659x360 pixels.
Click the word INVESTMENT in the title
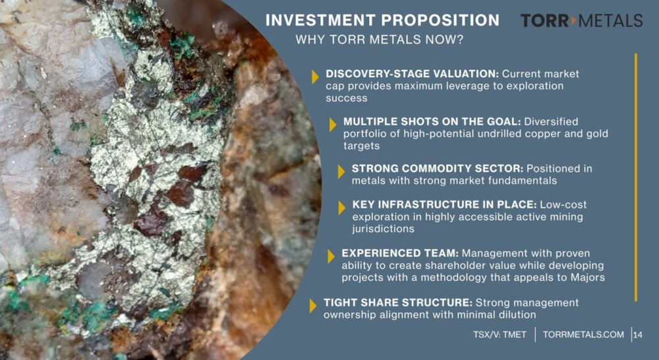pos(321,20)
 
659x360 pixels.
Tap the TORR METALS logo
pos(582,20)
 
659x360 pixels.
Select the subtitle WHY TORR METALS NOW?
pos(379,40)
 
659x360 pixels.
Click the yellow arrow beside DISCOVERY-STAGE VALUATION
pos(315,77)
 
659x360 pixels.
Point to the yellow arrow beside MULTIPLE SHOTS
pos(332,125)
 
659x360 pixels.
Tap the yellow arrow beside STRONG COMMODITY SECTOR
pos(341,171)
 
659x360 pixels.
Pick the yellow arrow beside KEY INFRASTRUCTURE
pos(341,207)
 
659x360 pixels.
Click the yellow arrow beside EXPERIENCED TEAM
pos(331,256)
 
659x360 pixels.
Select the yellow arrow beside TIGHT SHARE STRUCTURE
pos(312,306)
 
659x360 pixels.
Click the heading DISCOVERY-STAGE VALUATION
pos(412,74)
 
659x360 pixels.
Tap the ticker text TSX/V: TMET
pos(500,335)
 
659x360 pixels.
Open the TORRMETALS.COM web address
pos(583,335)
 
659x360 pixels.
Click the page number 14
pos(638,335)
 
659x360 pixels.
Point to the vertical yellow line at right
pos(636,177)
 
